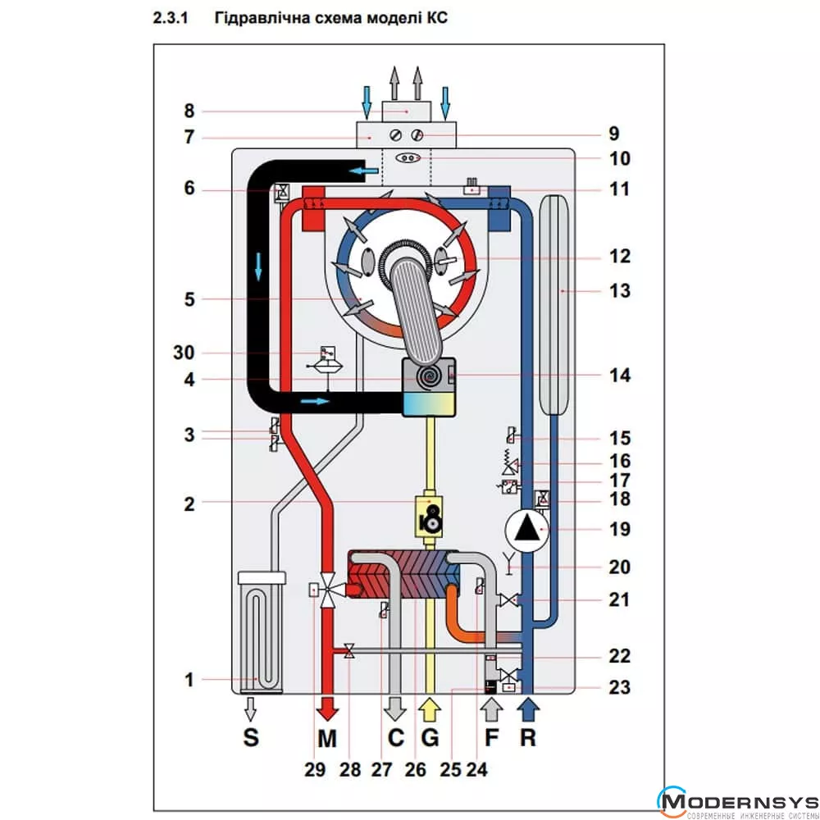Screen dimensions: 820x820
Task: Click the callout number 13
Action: coord(619,290)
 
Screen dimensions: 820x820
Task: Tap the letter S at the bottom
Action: coord(251,737)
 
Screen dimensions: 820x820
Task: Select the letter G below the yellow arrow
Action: coord(430,737)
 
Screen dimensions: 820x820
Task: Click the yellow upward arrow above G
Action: coord(430,706)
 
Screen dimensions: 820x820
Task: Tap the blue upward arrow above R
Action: coord(528,706)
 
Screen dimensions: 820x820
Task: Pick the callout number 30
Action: coord(189,353)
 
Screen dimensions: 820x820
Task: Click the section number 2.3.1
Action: coord(171,17)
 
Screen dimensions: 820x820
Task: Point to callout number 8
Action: coord(189,111)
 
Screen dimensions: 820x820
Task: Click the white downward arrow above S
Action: coord(251,706)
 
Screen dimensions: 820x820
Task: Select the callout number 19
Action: coord(620,529)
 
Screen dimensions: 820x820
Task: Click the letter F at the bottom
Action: coord(491,737)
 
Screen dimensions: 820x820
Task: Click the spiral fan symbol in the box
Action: coord(430,376)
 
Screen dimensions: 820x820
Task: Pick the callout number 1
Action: coord(189,679)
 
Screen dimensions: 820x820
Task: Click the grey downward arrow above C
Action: coord(396,706)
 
